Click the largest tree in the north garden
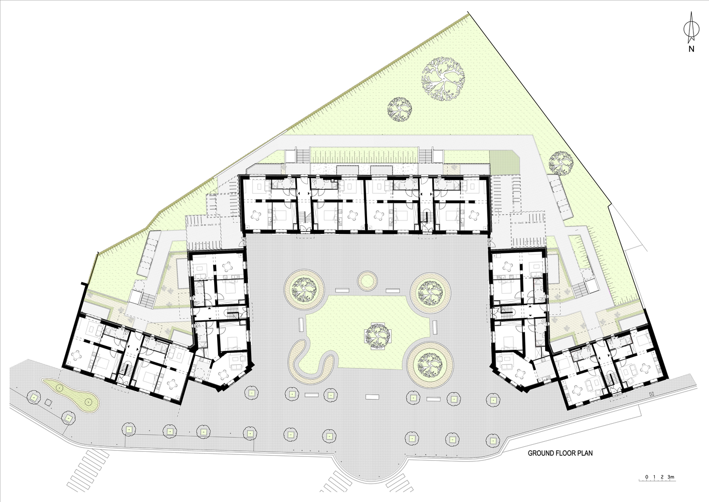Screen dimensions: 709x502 [x=443, y=79]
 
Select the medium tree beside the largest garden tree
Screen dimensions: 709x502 [x=400, y=109]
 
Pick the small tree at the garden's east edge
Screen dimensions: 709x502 [x=561, y=163]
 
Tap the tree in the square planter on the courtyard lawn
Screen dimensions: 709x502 [x=377, y=335]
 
